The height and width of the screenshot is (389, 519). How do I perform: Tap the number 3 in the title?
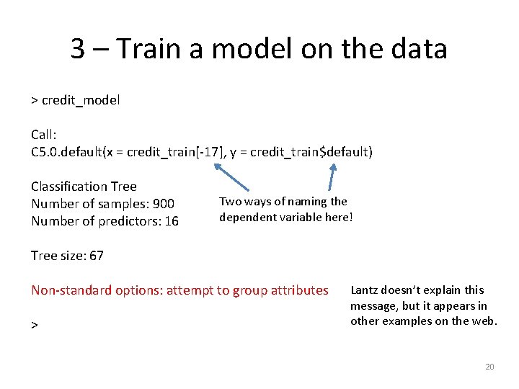tap(79, 49)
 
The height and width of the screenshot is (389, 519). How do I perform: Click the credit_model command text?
tap(81, 100)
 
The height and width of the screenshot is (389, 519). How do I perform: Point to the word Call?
tap(44, 135)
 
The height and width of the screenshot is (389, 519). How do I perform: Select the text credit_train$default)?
tap(313, 152)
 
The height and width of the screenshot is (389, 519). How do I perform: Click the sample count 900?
tap(162, 204)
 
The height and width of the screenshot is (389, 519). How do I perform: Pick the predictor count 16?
tap(171, 221)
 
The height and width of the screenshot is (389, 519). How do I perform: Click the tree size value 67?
tap(96, 256)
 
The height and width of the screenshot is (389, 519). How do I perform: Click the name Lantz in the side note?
tap(365, 290)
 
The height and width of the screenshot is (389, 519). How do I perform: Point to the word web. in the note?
tap(482, 321)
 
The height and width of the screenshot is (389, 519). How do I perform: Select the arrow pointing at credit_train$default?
tap(332, 179)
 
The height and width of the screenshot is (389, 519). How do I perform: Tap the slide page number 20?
tap(489, 367)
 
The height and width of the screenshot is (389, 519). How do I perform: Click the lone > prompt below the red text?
tap(34, 326)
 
